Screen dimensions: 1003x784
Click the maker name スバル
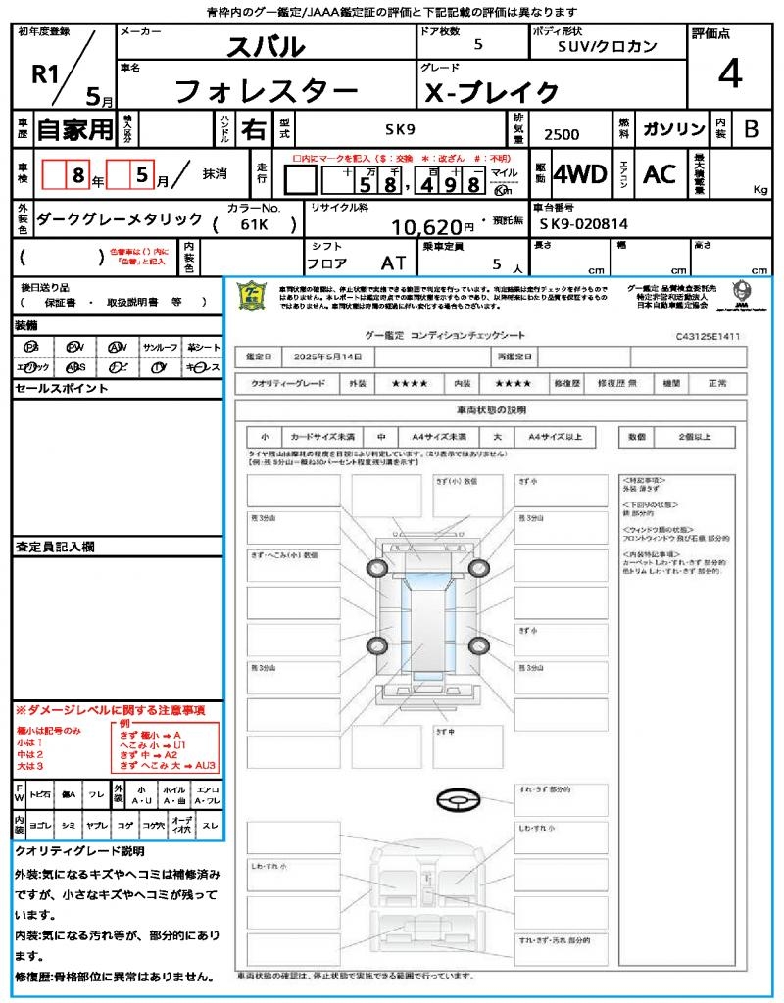(x=266, y=46)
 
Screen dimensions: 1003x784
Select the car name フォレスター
(x=265, y=91)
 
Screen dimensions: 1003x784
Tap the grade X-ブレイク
(x=491, y=92)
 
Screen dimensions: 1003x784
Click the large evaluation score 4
(x=728, y=74)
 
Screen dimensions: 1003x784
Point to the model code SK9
(x=399, y=128)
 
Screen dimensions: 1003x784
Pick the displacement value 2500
(x=562, y=135)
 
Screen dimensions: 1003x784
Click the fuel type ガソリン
(x=672, y=129)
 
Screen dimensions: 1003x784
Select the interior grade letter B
(x=751, y=129)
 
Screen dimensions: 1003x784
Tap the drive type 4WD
(x=580, y=174)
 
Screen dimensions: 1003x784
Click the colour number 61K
(x=255, y=224)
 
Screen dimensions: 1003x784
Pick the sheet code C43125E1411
(x=708, y=336)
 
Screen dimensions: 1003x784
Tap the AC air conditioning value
(x=660, y=174)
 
